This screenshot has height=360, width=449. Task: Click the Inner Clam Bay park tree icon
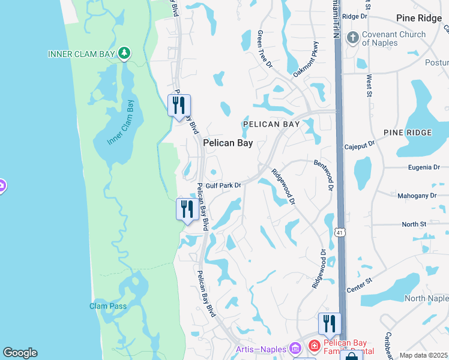pos(124,54)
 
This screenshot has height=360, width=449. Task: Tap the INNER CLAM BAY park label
pos(81,54)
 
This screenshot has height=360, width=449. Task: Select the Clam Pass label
pos(108,306)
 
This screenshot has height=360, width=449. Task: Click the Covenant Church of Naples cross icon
pos(352,38)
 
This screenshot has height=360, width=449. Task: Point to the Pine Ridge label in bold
pos(418,18)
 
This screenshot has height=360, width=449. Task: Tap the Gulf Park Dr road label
pos(223,185)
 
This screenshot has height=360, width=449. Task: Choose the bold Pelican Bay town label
pos(228,143)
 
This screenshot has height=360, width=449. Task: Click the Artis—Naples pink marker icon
pos(294,348)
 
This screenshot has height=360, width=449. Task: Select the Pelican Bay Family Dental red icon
pos(314,346)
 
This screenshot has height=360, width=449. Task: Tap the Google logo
pos(20,353)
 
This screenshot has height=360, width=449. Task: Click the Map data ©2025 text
pos(423,355)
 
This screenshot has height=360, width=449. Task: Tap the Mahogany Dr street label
pos(417,196)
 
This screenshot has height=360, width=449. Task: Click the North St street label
pos(414,224)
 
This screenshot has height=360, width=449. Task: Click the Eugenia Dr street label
pos(420,167)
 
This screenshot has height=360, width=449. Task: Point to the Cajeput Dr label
pos(359,145)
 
